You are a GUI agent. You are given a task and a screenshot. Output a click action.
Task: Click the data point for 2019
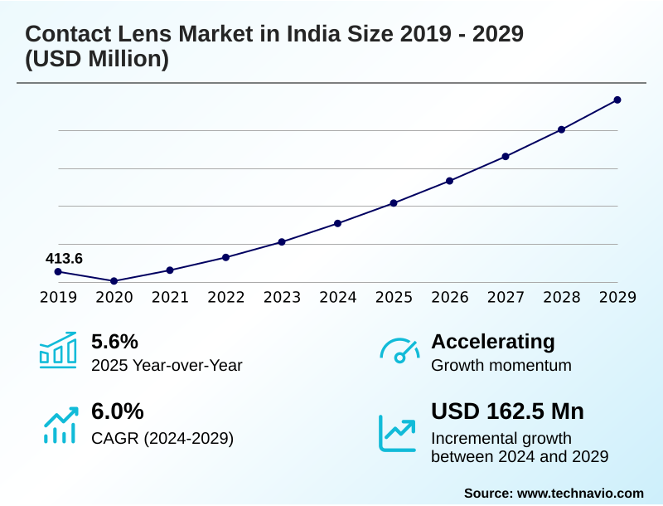tap(58, 272)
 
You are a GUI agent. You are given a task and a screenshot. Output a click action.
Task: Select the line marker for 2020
tap(114, 281)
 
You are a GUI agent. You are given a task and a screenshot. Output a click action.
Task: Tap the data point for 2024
tap(338, 223)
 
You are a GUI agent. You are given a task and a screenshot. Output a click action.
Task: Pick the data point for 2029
tap(617, 100)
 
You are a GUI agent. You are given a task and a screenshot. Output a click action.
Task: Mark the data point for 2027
tap(506, 156)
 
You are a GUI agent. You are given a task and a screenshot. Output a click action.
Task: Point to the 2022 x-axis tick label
tap(225, 298)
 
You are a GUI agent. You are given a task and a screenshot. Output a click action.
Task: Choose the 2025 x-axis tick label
tap(394, 298)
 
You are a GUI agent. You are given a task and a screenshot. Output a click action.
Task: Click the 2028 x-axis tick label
tap(561, 298)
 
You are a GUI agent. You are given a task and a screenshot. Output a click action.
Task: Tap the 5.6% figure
tap(114, 342)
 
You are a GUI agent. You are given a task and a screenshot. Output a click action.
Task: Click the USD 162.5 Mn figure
tap(507, 411)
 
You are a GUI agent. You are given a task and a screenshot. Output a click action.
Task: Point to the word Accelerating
tap(493, 342)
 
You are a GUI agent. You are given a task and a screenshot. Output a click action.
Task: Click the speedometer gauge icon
tap(399, 351)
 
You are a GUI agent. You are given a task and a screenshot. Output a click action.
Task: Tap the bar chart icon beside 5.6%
tap(58, 351)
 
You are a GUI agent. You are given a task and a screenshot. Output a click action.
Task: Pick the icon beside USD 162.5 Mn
tap(398, 432)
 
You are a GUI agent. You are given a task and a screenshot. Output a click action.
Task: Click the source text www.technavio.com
tap(580, 493)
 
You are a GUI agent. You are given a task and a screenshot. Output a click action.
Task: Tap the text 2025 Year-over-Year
tap(167, 365)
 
